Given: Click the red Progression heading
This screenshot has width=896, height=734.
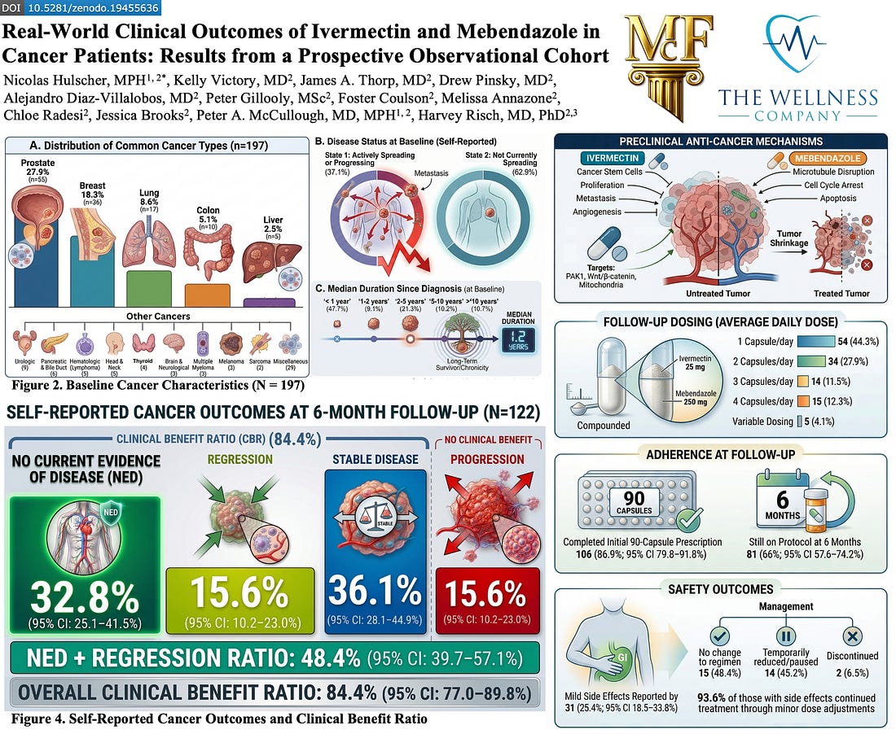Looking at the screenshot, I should click(x=486, y=459).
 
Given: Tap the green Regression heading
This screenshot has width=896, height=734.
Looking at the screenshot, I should click(x=239, y=459).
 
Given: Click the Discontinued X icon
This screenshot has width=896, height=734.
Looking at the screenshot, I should click(x=852, y=636).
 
